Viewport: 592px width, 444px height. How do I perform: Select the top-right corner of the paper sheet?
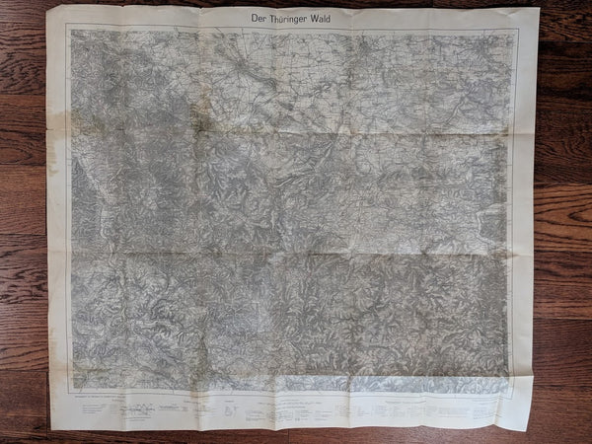pyautogui.click(x=540, y=9)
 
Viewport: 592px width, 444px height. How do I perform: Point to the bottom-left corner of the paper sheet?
pyautogui.click(x=51, y=411)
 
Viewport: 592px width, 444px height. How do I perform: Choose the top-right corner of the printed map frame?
pyautogui.click(x=517, y=31)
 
